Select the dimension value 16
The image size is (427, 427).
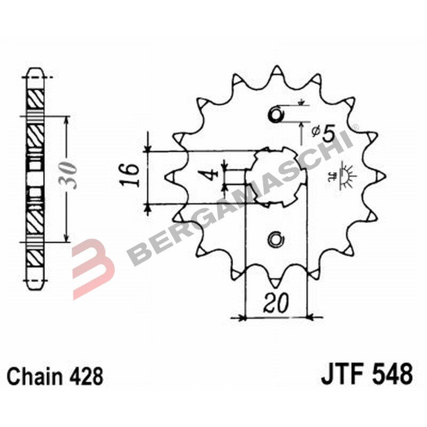(130, 176)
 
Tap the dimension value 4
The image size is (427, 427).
(212, 176)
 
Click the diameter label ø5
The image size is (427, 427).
(322, 133)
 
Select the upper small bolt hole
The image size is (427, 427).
(276, 114)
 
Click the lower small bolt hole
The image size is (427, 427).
(276, 240)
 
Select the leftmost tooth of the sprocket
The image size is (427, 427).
(172, 176)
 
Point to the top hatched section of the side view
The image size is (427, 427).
(36, 98)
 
